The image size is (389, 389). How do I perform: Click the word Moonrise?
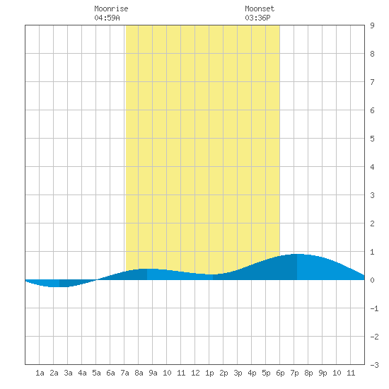(x=111, y=8)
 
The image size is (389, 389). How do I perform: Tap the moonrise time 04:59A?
(x=107, y=18)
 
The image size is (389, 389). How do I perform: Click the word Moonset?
(x=260, y=8)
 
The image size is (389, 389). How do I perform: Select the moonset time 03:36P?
(x=257, y=18)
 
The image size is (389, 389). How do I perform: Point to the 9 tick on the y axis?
(x=372, y=25)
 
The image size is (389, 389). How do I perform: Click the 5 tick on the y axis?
(x=372, y=139)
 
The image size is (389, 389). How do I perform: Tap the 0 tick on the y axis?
(x=372, y=280)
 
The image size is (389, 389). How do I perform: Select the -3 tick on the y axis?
(x=374, y=365)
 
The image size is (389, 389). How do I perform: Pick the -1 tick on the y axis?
(x=374, y=308)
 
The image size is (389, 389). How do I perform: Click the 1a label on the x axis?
(x=40, y=373)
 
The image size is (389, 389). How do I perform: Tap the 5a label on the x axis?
(x=96, y=373)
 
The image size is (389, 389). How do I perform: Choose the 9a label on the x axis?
(x=153, y=373)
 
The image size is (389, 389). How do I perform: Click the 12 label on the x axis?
(x=195, y=373)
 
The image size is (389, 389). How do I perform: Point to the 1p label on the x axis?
(x=209, y=373)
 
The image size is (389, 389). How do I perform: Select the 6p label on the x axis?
(x=280, y=373)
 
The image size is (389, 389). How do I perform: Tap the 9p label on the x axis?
(x=323, y=373)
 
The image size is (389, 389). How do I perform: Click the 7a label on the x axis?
(x=124, y=373)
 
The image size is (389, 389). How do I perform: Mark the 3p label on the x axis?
(x=238, y=373)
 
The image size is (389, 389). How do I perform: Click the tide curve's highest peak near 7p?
(x=298, y=255)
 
